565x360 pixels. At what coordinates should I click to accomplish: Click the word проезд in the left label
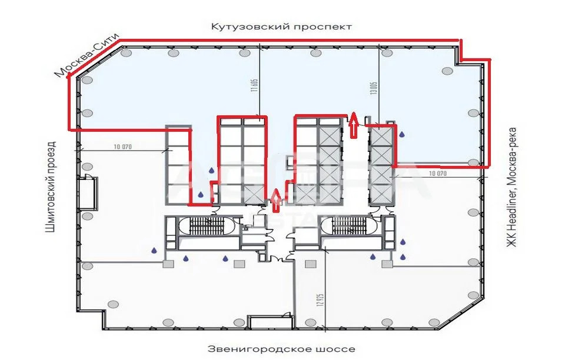51,156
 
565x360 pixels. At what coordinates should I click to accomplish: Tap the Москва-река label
512,152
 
